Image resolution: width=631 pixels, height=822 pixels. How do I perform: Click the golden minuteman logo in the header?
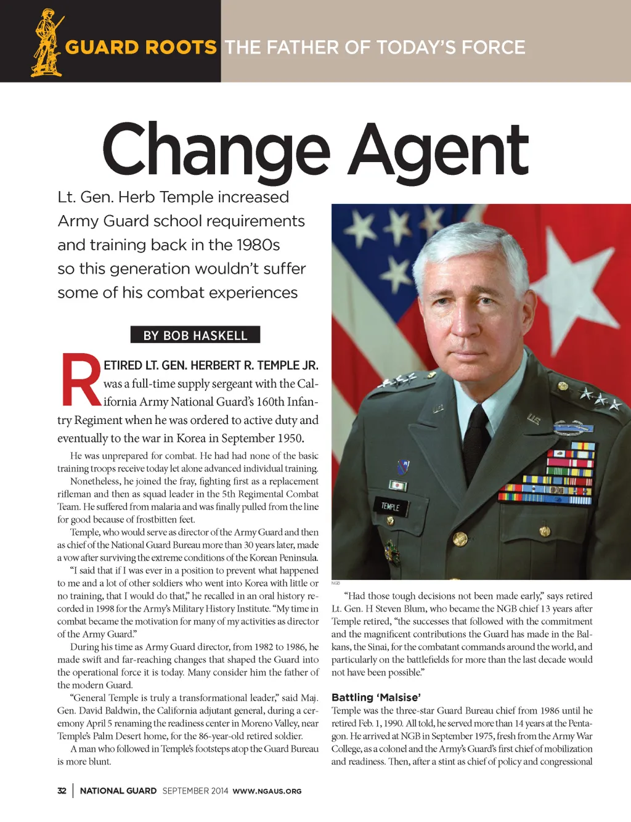(x=48, y=43)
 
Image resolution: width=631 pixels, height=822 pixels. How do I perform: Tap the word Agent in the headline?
(x=438, y=150)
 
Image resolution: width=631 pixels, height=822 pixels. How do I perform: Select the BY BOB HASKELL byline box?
(x=195, y=335)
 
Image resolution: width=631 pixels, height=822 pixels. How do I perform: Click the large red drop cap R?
(x=81, y=381)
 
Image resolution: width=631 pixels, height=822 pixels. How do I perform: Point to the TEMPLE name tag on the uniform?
(x=390, y=507)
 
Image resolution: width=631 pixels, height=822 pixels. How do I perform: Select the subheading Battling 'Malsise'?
(x=376, y=698)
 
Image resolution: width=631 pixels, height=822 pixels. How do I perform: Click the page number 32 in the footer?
(x=62, y=791)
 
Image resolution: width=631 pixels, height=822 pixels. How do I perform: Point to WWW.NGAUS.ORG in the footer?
(x=267, y=791)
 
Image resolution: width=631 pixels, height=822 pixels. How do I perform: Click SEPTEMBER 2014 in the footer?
(x=195, y=791)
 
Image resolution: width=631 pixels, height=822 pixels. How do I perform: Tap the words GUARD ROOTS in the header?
(x=141, y=47)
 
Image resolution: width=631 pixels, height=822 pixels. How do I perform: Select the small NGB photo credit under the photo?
(x=336, y=583)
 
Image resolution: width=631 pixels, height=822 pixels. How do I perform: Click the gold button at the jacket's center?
(x=460, y=540)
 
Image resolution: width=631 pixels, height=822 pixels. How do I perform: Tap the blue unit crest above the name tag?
(x=404, y=467)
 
